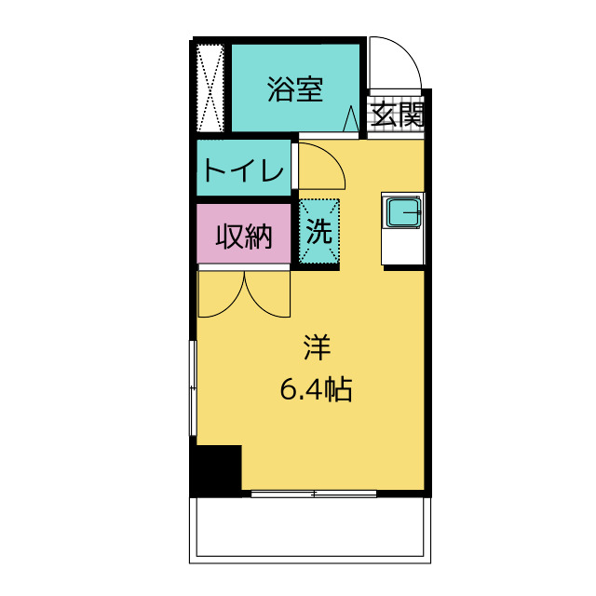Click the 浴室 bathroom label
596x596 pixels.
coord(295,90)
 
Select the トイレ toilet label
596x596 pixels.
coord(243,170)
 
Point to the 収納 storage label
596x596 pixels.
coord(244,237)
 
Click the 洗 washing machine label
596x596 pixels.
coord(319,232)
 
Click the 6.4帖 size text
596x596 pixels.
coord(317,391)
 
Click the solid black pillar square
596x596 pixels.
coord(216,469)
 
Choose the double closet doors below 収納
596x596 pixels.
coord(245,292)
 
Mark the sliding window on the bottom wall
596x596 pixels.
coord(312,494)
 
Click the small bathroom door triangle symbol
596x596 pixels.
coord(352,120)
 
